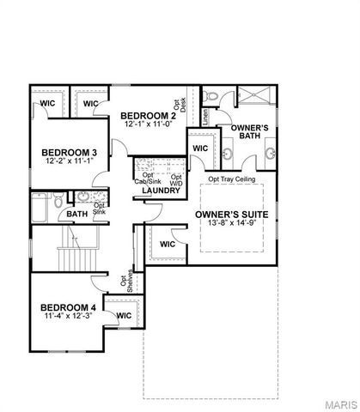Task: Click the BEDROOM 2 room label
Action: (148, 116)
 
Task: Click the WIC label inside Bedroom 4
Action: (124, 315)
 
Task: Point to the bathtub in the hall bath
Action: (40, 206)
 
